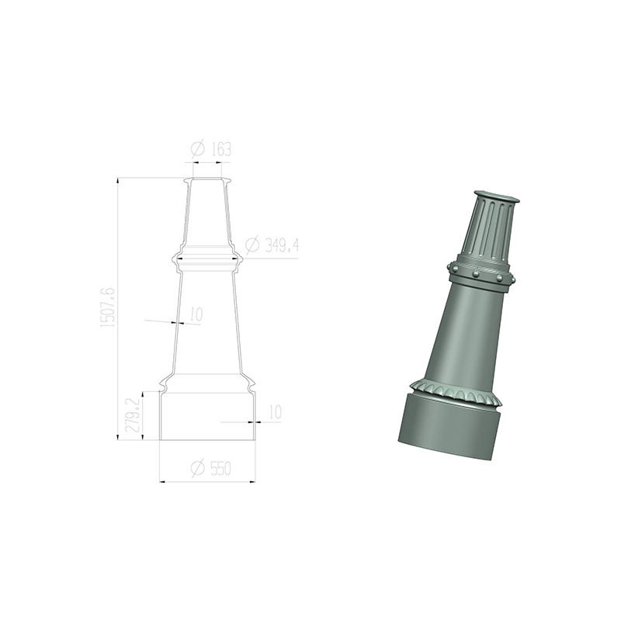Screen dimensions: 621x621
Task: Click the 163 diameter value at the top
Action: click(x=221, y=149)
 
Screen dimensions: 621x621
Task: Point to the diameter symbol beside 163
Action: click(x=198, y=149)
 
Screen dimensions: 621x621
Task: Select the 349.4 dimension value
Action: click(x=281, y=245)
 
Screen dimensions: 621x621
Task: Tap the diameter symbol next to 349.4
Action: click(x=252, y=245)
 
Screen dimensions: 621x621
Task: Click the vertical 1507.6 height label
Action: click(x=108, y=307)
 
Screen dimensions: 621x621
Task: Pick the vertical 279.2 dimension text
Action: click(x=133, y=415)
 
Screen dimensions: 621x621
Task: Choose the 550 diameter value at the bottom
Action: click(x=220, y=469)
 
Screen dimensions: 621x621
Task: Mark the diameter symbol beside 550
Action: click(x=198, y=468)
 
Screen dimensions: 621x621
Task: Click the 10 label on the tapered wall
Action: click(x=196, y=314)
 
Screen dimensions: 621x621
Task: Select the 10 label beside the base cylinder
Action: click(x=275, y=412)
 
